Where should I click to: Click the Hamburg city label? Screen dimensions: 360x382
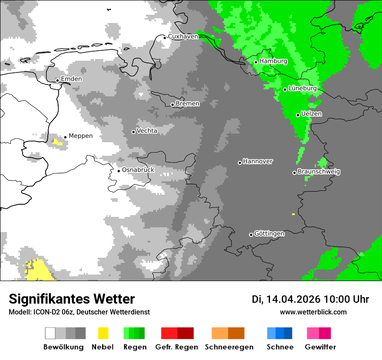273,61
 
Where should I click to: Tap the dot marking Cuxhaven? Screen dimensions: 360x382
165,38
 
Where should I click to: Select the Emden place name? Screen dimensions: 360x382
71,79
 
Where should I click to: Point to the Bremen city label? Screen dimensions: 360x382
188,104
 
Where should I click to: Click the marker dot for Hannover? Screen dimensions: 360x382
240,163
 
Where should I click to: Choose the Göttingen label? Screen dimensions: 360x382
269,234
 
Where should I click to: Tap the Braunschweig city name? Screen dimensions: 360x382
319,172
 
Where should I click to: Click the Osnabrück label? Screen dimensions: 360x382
138,170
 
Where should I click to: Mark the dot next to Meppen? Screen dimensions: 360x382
65,137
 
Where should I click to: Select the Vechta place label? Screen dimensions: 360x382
147,131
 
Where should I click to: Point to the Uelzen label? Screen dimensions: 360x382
311,114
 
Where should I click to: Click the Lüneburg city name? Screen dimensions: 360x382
302,88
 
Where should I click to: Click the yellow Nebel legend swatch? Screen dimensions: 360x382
103,333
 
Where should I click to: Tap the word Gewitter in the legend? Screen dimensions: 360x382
320,347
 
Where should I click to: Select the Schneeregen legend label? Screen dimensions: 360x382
229,347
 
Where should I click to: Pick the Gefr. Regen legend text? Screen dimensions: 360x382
177,347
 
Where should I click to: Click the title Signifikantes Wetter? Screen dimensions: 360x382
72,299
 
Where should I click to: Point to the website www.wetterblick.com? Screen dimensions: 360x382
313,312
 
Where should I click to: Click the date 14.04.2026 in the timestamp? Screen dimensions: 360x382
293,299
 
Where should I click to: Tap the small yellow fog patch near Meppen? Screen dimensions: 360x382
57,142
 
